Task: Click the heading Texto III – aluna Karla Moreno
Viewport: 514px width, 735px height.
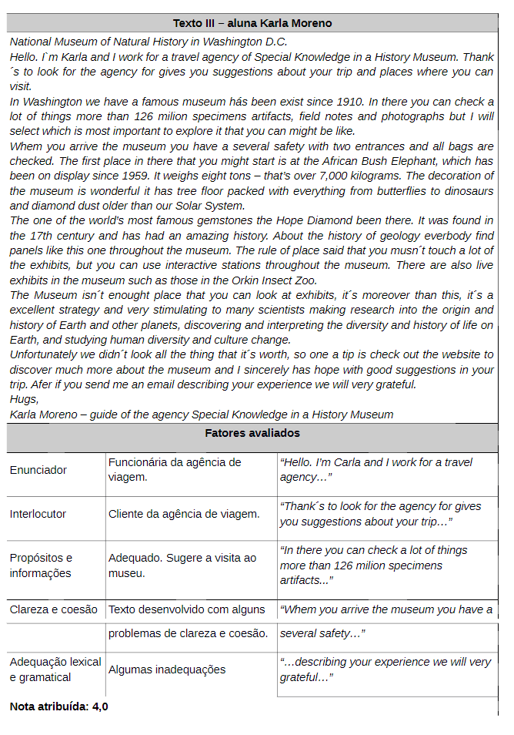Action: [252, 23]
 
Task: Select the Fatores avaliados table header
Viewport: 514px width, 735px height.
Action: [252, 434]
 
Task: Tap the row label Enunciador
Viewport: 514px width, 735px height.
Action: [38, 470]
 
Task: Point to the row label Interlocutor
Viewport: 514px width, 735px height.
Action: [38, 514]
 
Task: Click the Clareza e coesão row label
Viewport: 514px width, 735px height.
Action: [54, 609]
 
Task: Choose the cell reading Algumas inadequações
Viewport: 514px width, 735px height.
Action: [167, 670]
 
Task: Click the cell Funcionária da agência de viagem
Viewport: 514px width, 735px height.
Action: [175, 469]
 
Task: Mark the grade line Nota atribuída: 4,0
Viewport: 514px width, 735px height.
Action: [59, 706]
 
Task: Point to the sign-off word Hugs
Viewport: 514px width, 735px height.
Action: [24, 399]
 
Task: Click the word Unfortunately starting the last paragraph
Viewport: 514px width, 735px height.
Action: [44, 354]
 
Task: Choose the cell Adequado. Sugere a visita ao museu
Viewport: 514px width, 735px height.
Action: [182, 566]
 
